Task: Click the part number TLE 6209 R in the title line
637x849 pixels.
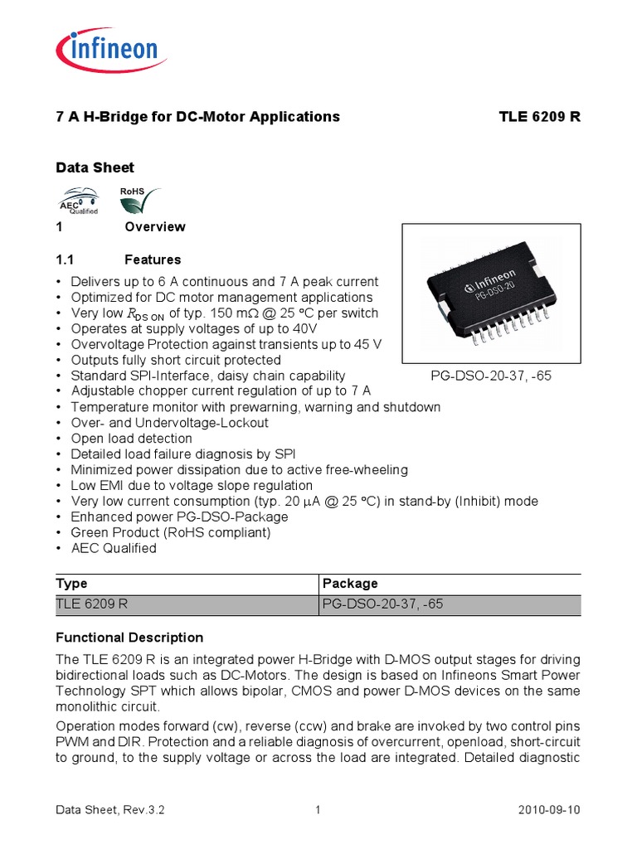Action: [539, 117]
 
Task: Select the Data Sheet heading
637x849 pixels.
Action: [95, 167]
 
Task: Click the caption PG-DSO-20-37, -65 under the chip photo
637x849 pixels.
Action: [491, 376]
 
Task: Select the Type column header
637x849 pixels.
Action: [71, 584]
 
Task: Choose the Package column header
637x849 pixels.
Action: [349, 584]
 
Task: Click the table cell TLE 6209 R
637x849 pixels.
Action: [92, 604]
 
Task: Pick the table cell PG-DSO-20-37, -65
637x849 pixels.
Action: [382, 604]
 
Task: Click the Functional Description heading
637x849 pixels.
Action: [129, 638]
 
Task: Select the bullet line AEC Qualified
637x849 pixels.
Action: [114, 548]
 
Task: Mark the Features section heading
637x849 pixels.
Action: [153, 260]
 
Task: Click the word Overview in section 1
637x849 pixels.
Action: [155, 227]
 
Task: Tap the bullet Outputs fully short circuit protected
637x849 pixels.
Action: [176, 360]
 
